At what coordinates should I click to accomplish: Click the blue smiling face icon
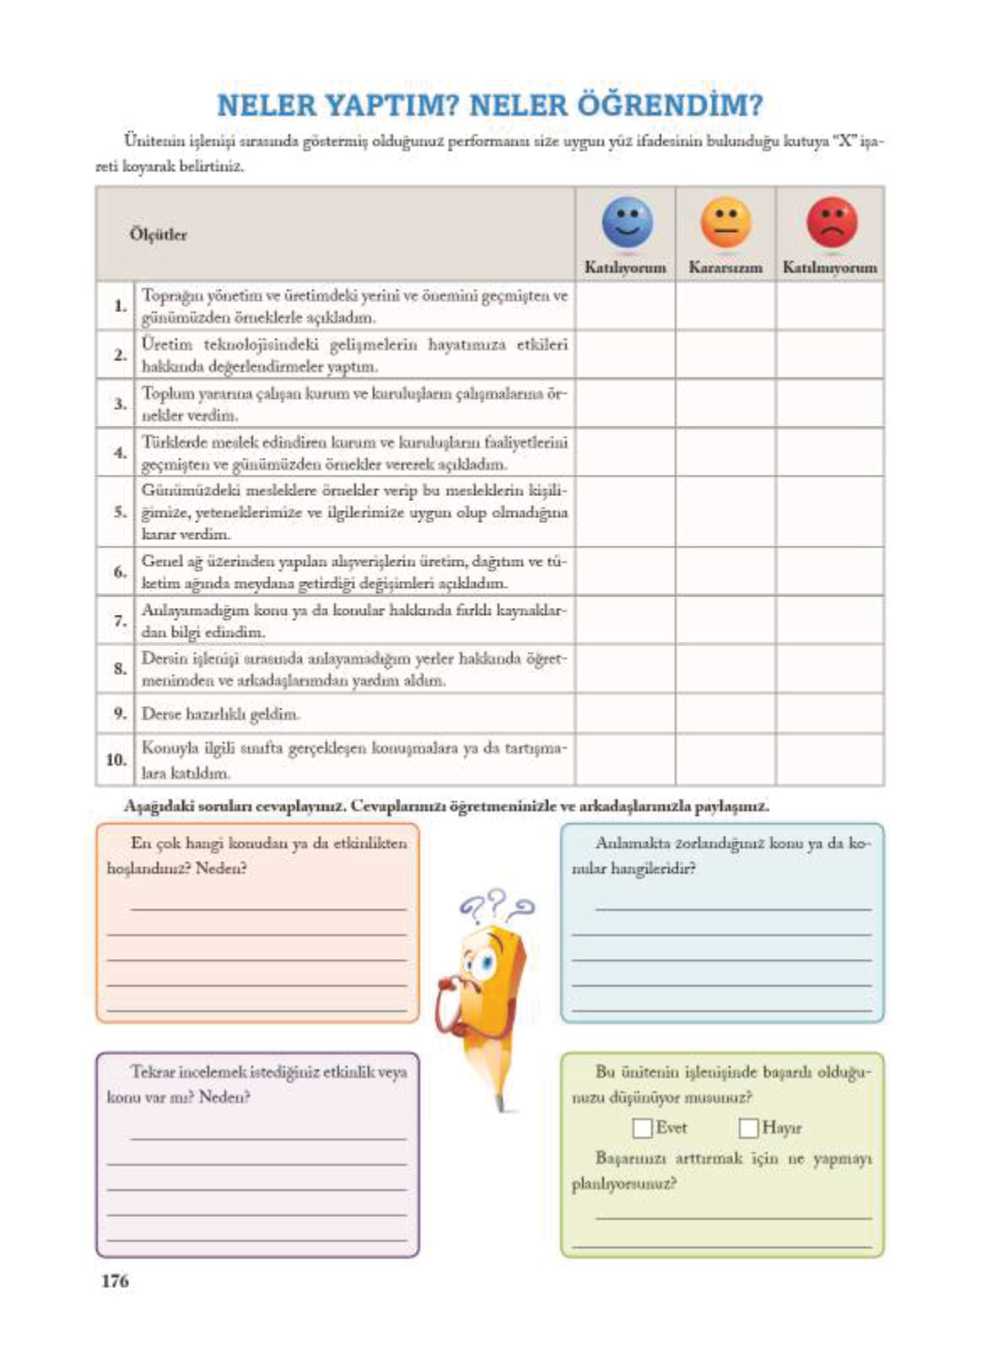(x=627, y=223)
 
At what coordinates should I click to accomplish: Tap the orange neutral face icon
(x=725, y=223)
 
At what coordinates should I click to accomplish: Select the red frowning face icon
(x=831, y=223)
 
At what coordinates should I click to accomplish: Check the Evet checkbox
(x=643, y=1128)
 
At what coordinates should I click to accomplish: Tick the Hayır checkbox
(x=748, y=1128)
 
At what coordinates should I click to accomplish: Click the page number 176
(x=115, y=1280)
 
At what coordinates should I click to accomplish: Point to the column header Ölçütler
(x=158, y=234)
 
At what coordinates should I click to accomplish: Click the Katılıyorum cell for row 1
(x=625, y=305)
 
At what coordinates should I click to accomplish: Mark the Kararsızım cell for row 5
(x=725, y=512)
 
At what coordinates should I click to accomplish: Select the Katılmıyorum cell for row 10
(x=830, y=759)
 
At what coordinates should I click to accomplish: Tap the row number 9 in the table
(x=120, y=714)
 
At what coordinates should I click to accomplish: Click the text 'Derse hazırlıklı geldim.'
(x=221, y=714)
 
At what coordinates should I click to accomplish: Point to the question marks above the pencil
(x=497, y=904)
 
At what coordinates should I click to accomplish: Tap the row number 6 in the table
(x=120, y=572)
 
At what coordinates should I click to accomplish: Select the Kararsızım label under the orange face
(x=725, y=267)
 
